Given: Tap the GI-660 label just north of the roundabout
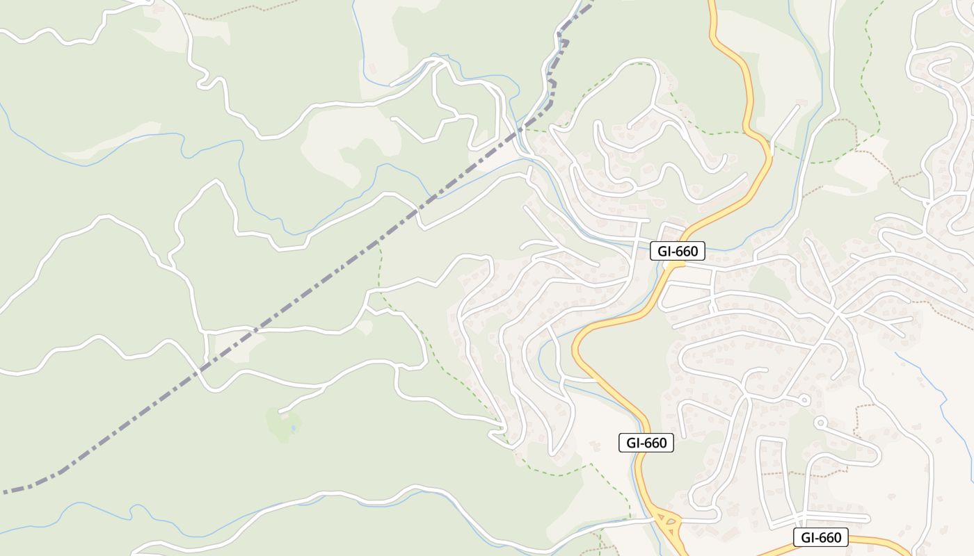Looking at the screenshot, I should (x=646, y=442).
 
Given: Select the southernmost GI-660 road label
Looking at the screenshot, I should (x=821, y=537).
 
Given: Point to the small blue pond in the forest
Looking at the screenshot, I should (x=294, y=429).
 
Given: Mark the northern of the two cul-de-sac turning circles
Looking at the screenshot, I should (x=804, y=400).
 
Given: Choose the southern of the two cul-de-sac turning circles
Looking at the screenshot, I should (x=820, y=421).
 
